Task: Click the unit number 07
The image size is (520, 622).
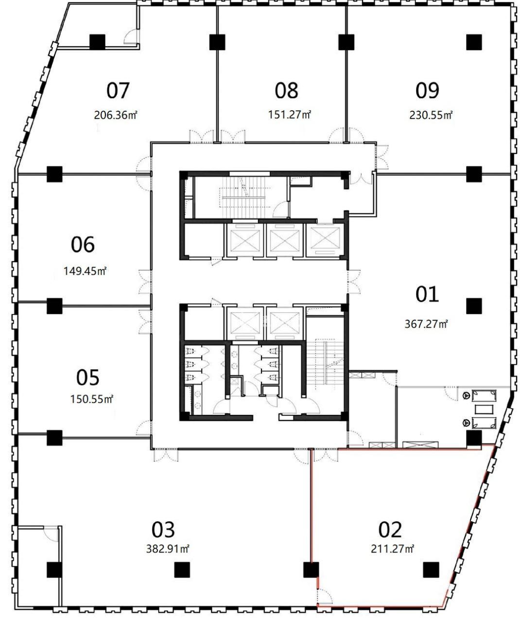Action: point(118,90)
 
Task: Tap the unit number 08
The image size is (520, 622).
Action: point(286,90)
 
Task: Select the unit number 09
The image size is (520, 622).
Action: point(427,90)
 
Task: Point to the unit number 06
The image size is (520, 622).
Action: point(83,244)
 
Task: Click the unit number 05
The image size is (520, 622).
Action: point(87,378)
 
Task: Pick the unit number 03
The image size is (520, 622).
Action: point(163,529)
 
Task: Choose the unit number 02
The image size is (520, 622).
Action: point(390,529)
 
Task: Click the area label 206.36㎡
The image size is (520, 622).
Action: point(116,115)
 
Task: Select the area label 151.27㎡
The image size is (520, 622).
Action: point(290,115)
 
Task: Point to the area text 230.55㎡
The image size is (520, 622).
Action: point(431,115)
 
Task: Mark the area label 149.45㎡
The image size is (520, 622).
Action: point(85,271)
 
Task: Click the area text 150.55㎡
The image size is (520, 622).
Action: point(92,398)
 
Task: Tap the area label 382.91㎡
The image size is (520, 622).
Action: point(168,549)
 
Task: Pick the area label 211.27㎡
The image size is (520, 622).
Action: point(393,549)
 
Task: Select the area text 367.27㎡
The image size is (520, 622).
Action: point(426,324)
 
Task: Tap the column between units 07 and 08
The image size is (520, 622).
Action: point(217,42)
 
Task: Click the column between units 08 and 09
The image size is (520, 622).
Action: point(347,42)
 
